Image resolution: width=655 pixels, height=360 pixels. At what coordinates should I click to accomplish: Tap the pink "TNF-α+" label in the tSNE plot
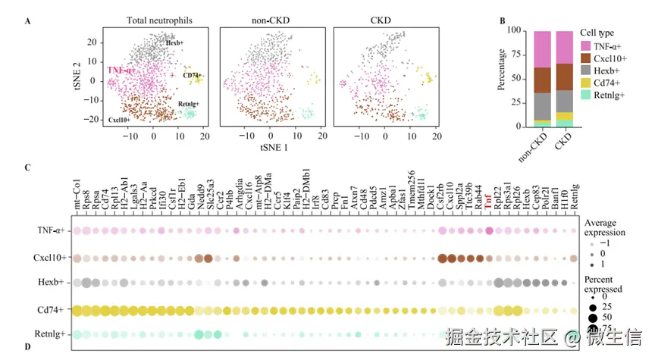[121, 70]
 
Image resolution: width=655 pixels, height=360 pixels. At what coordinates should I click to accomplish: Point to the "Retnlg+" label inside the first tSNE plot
[189, 104]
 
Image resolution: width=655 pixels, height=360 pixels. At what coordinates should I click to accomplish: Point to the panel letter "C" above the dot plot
[27, 167]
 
